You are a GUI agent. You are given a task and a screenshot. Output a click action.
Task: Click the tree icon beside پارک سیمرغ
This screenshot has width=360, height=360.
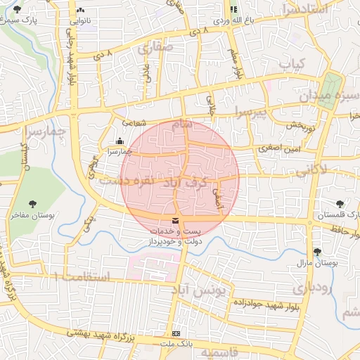point(17,10)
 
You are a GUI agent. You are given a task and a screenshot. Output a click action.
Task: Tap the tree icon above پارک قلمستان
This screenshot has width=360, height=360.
point(340,203)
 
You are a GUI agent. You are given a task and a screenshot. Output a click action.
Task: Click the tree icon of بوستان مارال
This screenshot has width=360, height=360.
point(317,251)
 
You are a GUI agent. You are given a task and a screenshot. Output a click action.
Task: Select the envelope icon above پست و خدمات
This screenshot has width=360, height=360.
point(174,221)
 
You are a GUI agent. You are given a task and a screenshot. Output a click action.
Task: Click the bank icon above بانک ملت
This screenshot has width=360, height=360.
point(176,333)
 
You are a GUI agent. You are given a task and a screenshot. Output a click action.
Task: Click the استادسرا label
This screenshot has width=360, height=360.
point(304,9)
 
